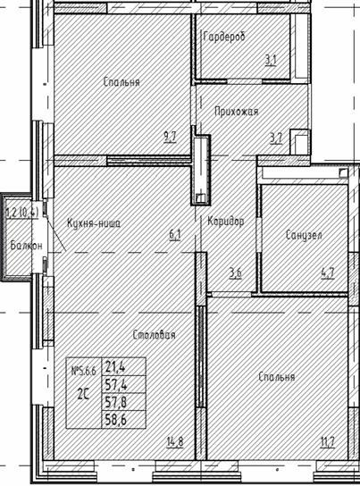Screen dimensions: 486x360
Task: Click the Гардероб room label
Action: point(223,37)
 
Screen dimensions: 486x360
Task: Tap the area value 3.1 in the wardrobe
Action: point(270,61)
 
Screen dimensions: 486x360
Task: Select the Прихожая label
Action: point(236,112)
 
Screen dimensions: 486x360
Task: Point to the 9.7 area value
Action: point(170,138)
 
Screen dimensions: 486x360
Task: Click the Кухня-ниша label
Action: point(93,224)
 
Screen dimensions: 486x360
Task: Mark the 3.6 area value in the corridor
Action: point(235,273)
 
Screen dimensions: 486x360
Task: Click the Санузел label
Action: point(304,236)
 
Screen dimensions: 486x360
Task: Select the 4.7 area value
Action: point(328,273)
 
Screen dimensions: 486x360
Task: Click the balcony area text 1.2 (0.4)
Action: point(21,213)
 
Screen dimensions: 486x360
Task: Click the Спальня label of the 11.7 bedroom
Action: point(276,377)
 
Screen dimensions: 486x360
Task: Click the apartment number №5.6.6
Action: point(84,369)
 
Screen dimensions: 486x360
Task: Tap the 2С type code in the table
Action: point(83,391)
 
